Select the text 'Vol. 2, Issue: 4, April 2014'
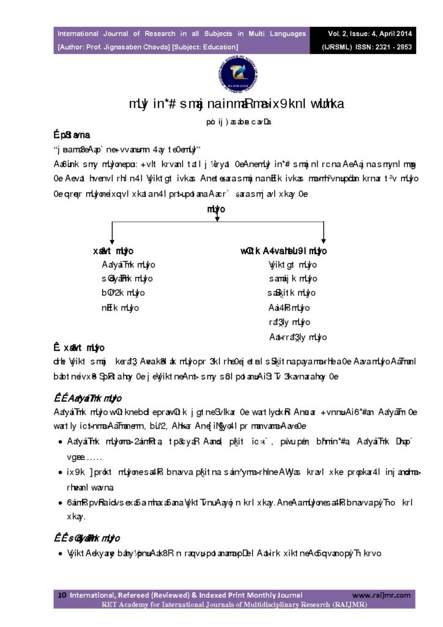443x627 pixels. pos(363,34)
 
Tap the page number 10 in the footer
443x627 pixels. pos(62,595)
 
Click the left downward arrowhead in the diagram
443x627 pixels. pos(111,241)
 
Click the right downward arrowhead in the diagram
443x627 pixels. pos(323,241)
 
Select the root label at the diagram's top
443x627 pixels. pos(217,209)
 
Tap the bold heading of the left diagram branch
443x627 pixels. pos(114,251)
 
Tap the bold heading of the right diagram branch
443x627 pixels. pos(283,251)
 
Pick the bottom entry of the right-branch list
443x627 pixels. pos(298,337)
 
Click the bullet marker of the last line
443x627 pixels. pos(61,554)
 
